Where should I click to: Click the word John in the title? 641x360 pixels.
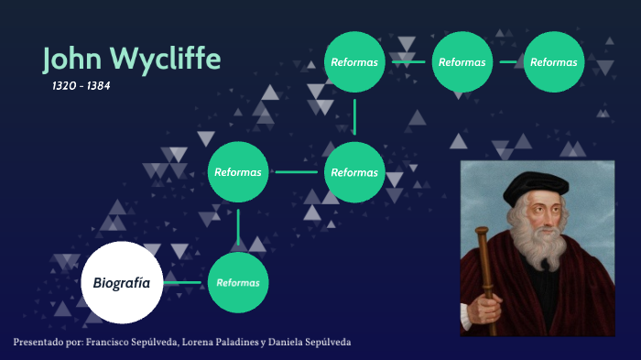click(x=73, y=59)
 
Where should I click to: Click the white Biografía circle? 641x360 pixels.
click(x=122, y=282)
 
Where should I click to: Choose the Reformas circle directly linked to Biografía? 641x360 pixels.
click(x=238, y=282)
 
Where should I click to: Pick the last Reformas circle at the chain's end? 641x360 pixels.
click(x=554, y=62)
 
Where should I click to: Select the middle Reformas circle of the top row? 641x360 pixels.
click(x=462, y=62)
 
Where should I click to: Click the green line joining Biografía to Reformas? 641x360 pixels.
click(x=185, y=282)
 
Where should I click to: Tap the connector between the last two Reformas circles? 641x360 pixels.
click(x=508, y=62)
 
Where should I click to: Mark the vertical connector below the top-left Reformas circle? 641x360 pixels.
click(x=354, y=117)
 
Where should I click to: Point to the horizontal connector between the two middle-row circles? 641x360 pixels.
click(x=296, y=171)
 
